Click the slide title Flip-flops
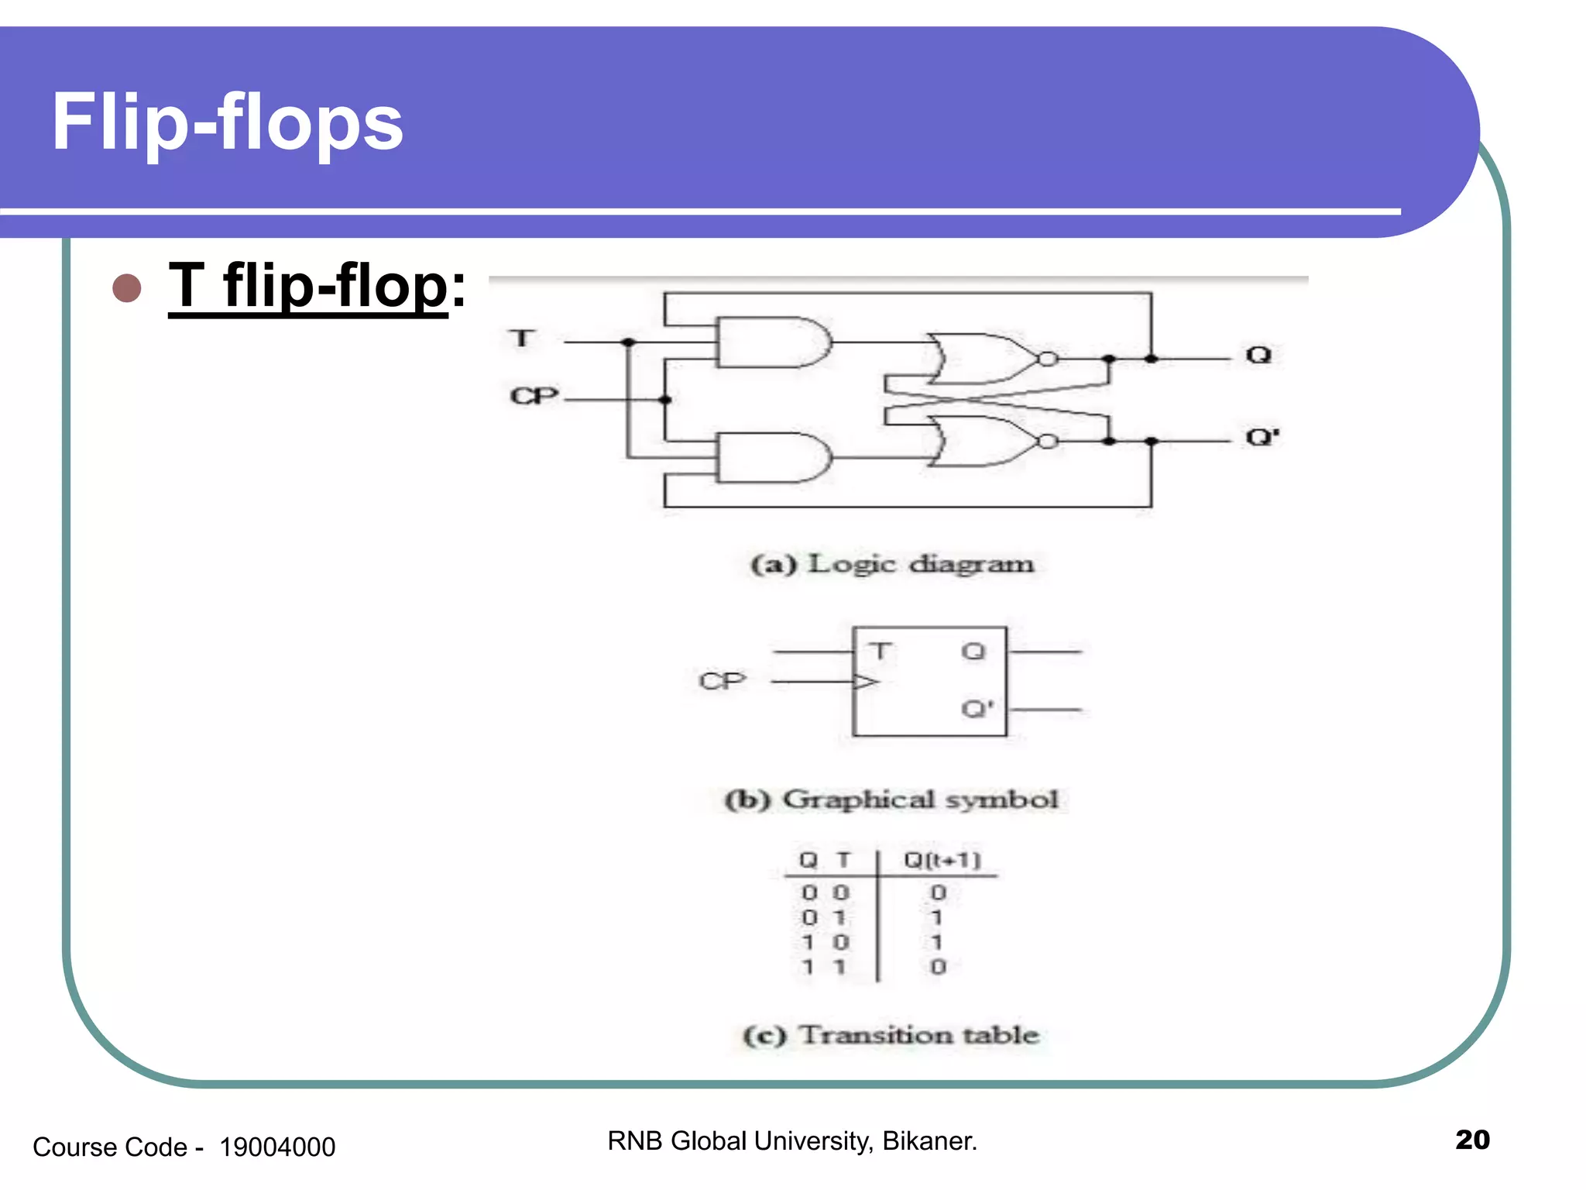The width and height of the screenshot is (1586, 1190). (x=227, y=122)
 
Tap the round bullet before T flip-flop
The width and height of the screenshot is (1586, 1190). (x=127, y=287)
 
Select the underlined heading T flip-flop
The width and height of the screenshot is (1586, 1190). (x=308, y=286)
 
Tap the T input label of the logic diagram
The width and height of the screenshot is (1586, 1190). (x=522, y=339)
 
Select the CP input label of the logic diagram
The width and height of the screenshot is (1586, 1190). (x=534, y=396)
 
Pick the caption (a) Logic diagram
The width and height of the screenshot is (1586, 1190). (x=892, y=564)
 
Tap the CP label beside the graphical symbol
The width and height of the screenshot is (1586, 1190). (x=722, y=681)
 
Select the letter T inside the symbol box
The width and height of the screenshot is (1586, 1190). (x=880, y=651)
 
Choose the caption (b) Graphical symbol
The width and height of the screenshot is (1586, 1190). (x=891, y=800)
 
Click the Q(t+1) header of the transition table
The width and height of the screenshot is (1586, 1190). (x=942, y=860)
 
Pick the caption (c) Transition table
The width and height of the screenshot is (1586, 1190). (x=891, y=1035)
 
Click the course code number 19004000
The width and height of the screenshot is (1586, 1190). (x=277, y=1147)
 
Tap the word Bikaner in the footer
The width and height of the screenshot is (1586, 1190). (x=929, y=1141)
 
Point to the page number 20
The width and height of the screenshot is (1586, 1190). (x=1472, y=1140)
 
